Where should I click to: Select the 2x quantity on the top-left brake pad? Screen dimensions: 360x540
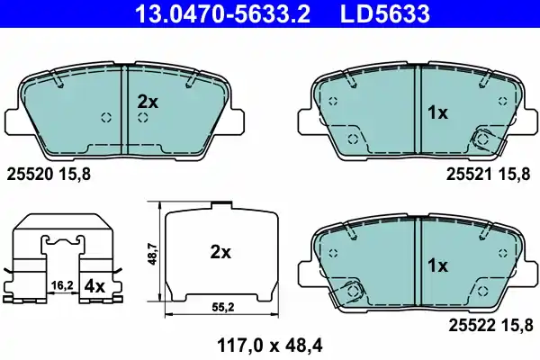coord(148,103)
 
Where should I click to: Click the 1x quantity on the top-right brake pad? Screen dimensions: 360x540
coord(436,113)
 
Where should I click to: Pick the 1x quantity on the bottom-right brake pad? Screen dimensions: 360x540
coord(436,265)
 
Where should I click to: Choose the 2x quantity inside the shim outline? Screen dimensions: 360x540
coord(220,254)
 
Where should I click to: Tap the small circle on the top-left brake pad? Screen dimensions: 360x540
coord(105,117)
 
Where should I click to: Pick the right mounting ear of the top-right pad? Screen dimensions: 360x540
coord(523,120)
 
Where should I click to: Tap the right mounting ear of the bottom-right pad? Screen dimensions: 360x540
coord(523,272)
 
